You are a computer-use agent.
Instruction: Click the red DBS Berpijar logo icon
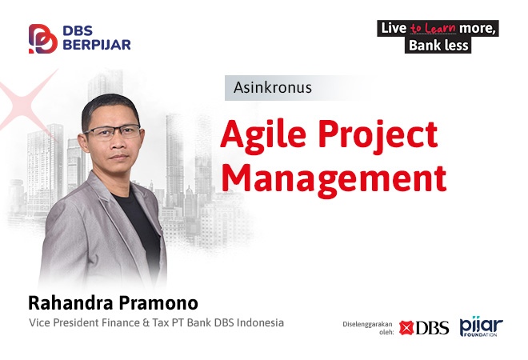(x=42, y=38)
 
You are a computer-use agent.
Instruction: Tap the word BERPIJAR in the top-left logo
(x=97, y=45)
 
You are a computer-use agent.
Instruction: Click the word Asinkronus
(x=273, y=87)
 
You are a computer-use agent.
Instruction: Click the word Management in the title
(x=334, y=178)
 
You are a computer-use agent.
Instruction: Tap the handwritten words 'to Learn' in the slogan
(x=433, y=28)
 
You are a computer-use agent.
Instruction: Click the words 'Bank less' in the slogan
(x=438, y=45)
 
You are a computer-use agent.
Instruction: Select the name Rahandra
(x=70, y=302)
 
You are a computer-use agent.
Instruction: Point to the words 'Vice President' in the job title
(x=63, y=322)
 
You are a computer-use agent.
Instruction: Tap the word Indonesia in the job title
(x=260, y=322)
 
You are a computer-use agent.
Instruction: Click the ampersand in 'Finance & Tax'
(x=146, y=322)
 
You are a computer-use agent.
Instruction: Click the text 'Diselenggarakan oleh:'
(x=368, y=328)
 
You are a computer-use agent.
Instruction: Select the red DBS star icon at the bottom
(x=406, y=328)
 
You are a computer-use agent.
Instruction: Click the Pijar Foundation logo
(x=481, y=326)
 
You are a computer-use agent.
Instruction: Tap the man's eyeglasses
(x=113, y=132)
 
